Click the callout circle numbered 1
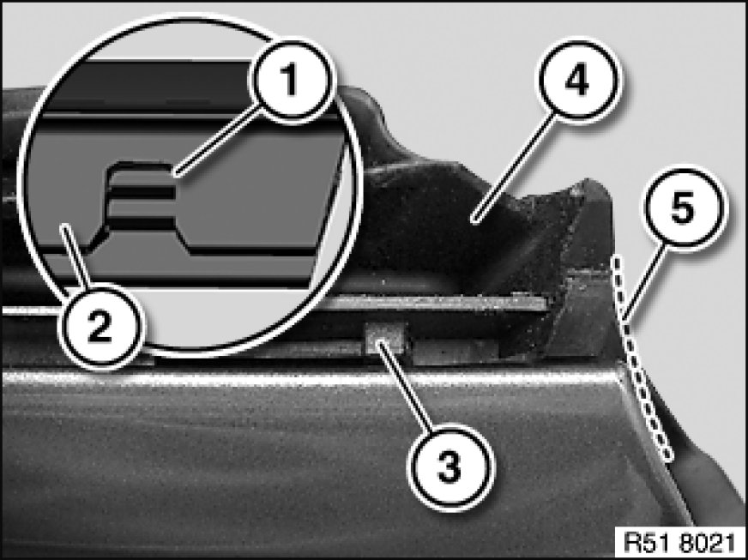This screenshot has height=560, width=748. pyautogui.click(x=290, y=81)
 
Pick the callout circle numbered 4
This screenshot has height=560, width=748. pyautogui.click(x=576, y=81)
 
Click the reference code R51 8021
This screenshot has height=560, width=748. pyautogui.click(x=679, y=543)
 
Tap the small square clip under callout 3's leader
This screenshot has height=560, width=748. pyautogui.click(x=386, y=338)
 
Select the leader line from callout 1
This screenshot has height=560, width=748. pyautogui.click(x=218, y=144)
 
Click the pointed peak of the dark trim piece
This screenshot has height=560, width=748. pyautogui.click(x=590, y=181)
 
